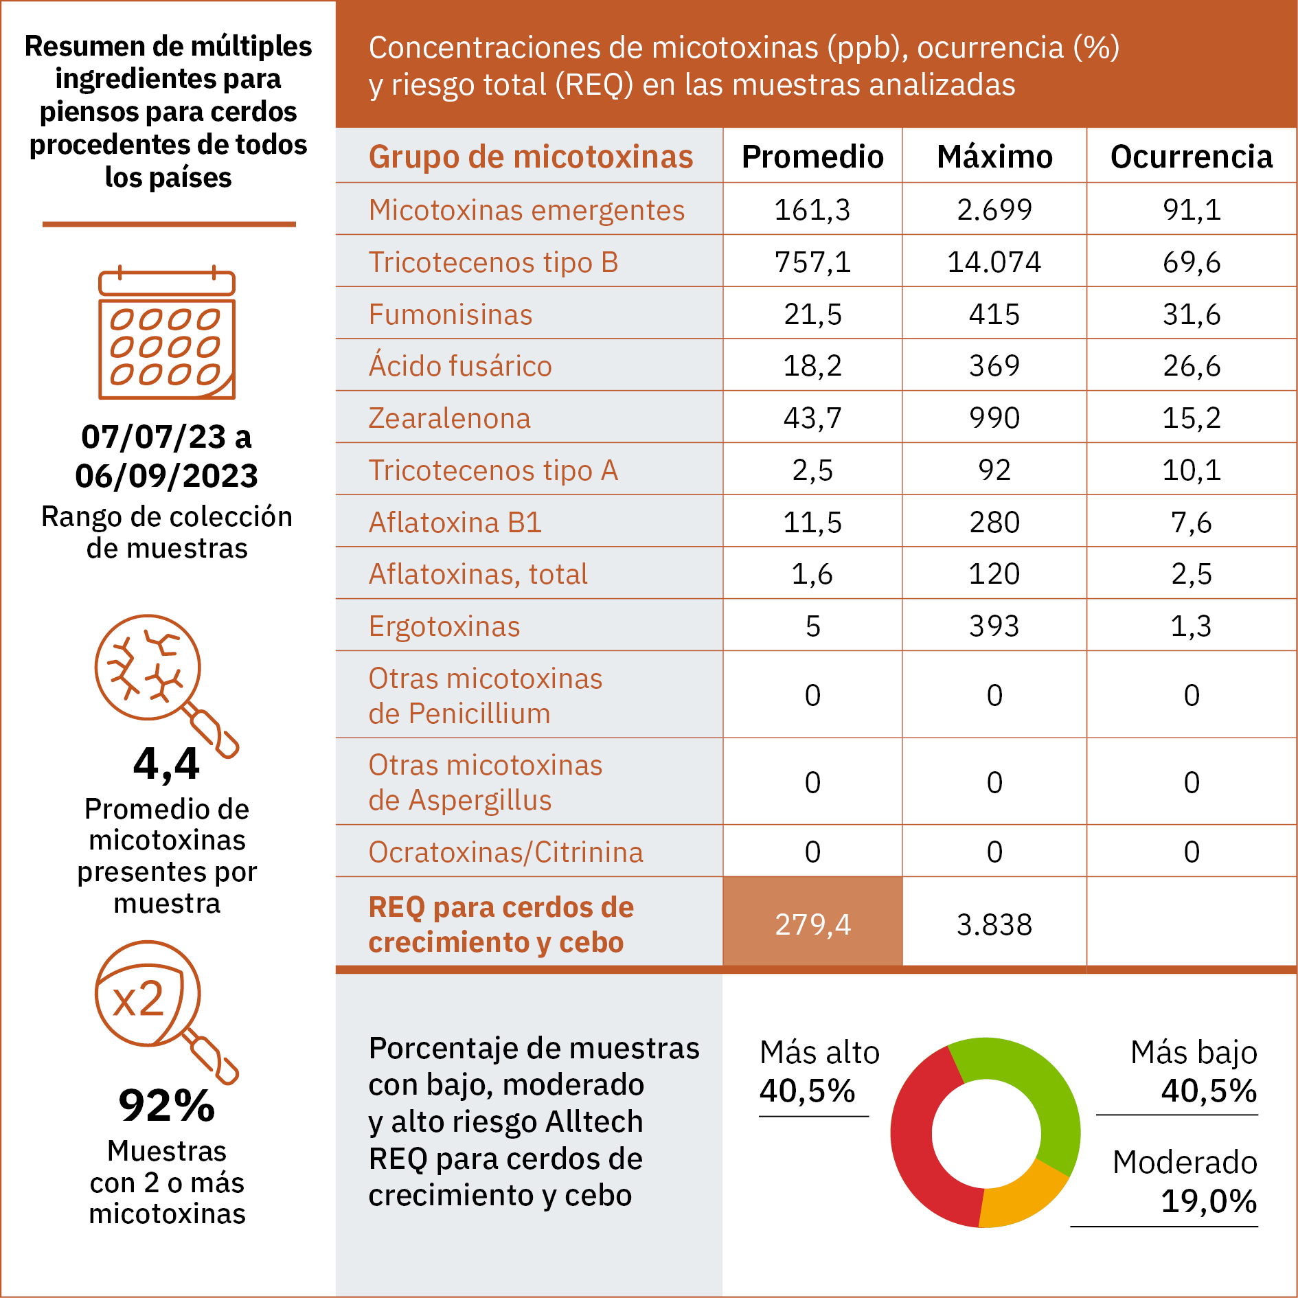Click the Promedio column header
[812, 157]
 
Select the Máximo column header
[994, 157]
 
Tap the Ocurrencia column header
[1192, 157]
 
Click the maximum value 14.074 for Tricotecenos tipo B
[994, 262]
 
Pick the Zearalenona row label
[450, 418]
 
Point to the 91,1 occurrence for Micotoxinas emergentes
[1192, 209]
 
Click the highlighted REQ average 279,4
[812, 924]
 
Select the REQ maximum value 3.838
[994, 924]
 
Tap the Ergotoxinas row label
[444, 626]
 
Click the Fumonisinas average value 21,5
[812, 314]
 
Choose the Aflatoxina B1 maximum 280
[994, 522]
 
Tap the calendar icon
[167, 332]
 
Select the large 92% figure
[167, 1106]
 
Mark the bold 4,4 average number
[167, 764]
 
